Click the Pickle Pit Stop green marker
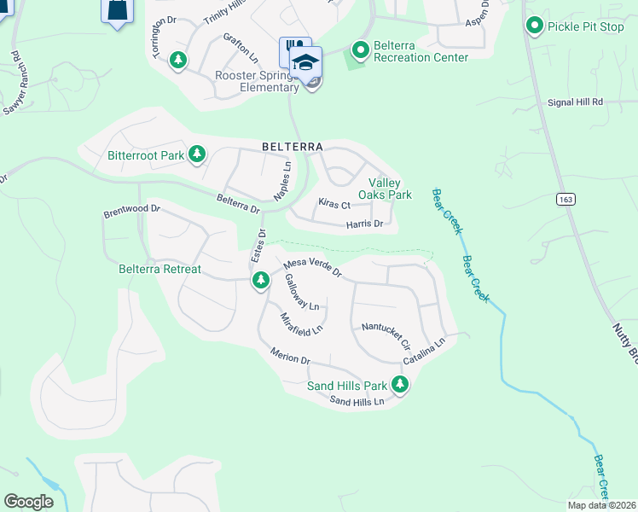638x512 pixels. [535, 26]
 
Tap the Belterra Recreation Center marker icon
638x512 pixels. [360, 52]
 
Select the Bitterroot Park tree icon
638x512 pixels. [197, 154]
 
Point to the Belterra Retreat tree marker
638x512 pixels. [260, 280]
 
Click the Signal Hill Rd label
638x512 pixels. [573, 102]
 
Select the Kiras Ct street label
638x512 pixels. [333, 205]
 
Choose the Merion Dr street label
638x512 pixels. [289, 355]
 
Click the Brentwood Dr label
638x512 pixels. [131, 208]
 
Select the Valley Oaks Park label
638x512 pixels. [390, 189]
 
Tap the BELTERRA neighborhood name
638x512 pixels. [292, 147]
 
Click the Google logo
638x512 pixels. [28, 502]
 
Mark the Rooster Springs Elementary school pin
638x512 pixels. [305, 63]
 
